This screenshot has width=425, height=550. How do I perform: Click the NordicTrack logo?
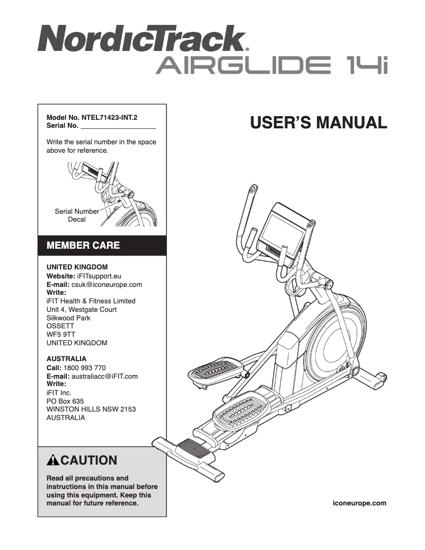[x=142, y=39]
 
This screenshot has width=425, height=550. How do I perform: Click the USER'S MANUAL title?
[x=318, y=123]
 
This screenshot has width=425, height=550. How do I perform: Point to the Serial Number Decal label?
[x=77, y=215]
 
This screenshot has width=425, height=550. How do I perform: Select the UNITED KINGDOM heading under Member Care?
[x=77, y=267]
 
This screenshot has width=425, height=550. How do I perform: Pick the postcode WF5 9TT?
[x=61, y=335]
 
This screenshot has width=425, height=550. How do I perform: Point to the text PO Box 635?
[x=65, y=401]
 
